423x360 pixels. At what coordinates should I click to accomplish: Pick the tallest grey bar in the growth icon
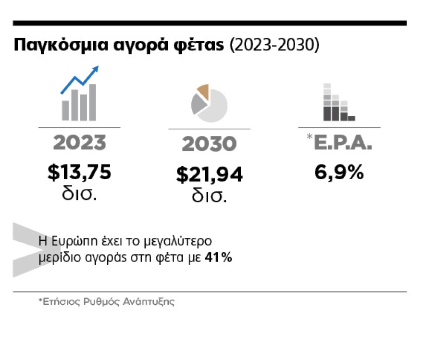tap(92, 102)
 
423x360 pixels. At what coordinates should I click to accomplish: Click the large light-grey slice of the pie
tap(214, 107)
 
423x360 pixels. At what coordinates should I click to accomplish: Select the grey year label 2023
tap(79, 143)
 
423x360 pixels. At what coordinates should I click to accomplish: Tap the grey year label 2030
tap(209, 144)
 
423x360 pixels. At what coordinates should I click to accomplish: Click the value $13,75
tap(79, 173)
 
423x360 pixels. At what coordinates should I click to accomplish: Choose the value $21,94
tap(209, 175)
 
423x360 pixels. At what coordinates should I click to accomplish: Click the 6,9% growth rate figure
tap(339, 173)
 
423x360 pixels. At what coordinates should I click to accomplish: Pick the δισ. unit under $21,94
tap(209, 197)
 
